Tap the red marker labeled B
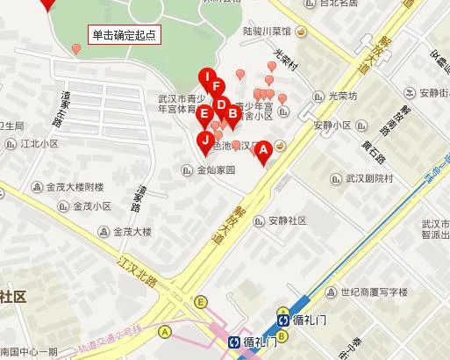point(232,112)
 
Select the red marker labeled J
point(205,140)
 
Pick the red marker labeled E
point(204,113)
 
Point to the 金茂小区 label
point(90,207)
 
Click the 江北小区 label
point(39,143)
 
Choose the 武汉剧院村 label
point(369,178)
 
